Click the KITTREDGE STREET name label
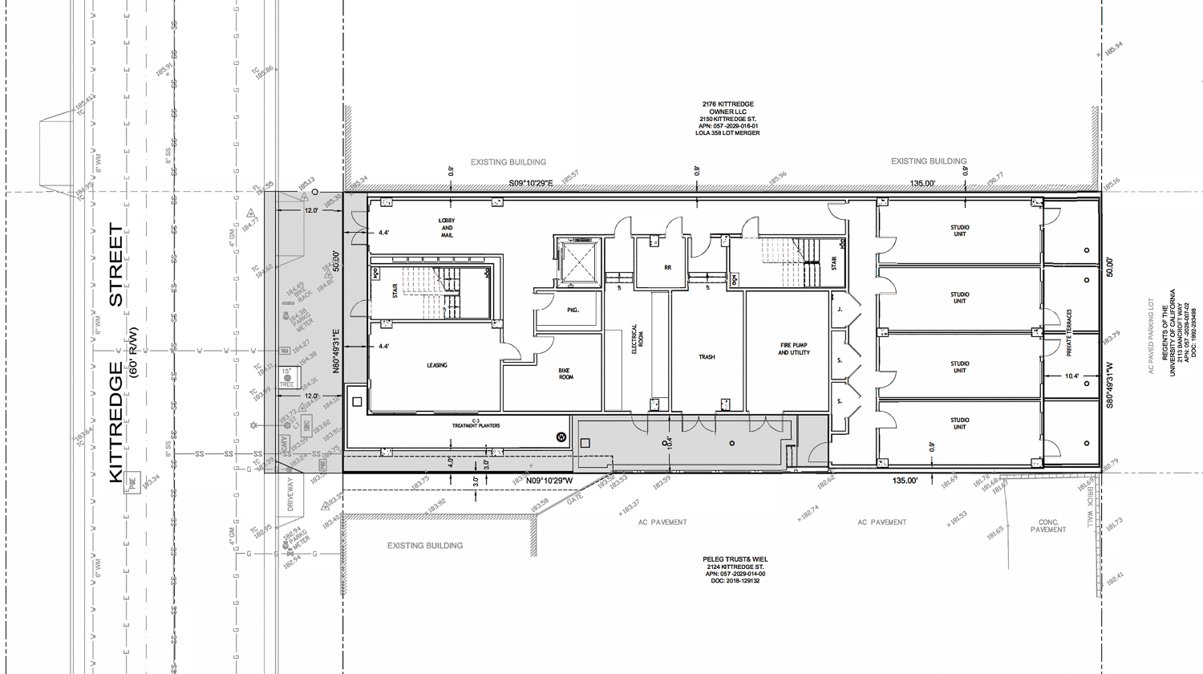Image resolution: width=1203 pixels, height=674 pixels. [116, 353]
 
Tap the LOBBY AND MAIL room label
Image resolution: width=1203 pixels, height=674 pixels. [447, 228]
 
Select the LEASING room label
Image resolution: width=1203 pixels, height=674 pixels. [437, 365]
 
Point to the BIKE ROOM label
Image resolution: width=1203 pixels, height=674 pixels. [566, 374]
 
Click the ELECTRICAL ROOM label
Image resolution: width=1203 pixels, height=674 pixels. [637, 339]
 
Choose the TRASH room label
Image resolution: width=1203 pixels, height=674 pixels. [707, 357]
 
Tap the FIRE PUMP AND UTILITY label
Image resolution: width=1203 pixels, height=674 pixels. [794, 349]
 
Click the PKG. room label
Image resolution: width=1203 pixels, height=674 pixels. [573, 310]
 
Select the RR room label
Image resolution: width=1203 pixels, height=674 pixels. [667, 267]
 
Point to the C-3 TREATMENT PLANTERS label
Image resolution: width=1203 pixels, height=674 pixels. [476, 424]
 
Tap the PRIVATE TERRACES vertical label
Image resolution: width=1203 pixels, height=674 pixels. [1069, 333]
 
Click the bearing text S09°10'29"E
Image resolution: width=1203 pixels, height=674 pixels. [531, 184]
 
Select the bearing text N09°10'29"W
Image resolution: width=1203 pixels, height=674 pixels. [549, 481]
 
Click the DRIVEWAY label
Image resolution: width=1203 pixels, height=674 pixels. [291, 495]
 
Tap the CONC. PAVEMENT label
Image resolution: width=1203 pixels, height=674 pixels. [1048, 526]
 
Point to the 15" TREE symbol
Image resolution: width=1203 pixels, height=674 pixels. [287, 377]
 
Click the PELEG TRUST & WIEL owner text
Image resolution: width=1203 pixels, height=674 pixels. [735, 559]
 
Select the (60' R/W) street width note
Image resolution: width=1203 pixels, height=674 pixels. [133, 353]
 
